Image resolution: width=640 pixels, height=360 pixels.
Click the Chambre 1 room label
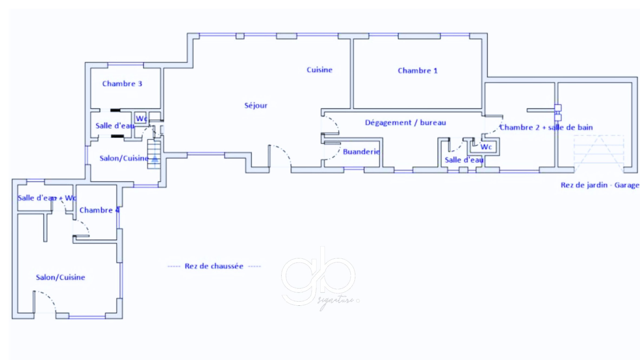point(417,71)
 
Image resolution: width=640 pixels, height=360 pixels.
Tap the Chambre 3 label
point(122,84)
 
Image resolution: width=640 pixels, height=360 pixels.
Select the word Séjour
point(256,106)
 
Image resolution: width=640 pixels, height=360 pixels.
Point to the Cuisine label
point(319,70)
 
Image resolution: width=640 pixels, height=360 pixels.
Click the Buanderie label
point(361,152)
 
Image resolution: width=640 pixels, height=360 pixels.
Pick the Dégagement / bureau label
point(405,122)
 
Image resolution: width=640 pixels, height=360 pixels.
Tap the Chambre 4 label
point(99,210)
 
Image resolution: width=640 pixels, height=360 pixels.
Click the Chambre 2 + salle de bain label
point(546,127)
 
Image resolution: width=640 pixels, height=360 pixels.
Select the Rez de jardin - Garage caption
point(600,185)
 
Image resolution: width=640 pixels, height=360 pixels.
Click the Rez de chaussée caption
point(214,266)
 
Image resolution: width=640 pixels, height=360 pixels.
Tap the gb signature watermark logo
point(320,278)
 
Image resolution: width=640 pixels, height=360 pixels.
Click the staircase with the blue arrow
point(154,154)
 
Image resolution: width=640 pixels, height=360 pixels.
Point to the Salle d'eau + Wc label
point(47,198)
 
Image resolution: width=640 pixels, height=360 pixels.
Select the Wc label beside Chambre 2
point(486,147)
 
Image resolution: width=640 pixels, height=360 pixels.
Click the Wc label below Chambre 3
point(141,118)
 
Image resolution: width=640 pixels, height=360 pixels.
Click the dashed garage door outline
point(599,154)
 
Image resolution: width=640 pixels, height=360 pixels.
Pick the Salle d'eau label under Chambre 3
point(115,126)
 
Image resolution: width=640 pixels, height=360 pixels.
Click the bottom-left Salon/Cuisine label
point(60,277)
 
